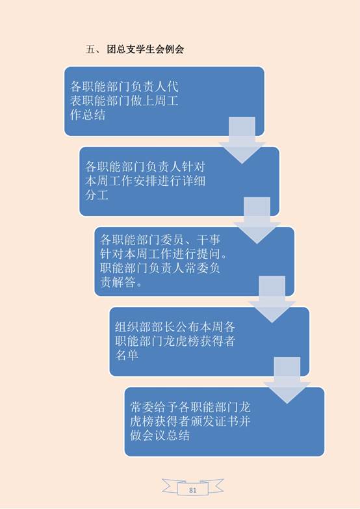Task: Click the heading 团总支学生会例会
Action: click(x=145, y=49)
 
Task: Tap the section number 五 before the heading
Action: click(x=90, y=49)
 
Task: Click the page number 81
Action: click(x=192, y=490)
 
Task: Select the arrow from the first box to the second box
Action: click(x=242, y=140)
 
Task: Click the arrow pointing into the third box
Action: click(x=257, y=220)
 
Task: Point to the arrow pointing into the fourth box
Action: click(x=272, y=299)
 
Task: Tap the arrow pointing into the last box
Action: click(x=287, y=380)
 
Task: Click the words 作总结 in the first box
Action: click(x=88, y=115)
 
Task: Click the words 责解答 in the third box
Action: click(x=118, y=282)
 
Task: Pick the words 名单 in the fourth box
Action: click(x=127, y=355)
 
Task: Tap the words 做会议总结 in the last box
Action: click(x=160, y=435)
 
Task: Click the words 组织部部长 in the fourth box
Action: click(x=145, y=326)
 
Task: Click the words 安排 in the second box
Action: click(x=145, y=181)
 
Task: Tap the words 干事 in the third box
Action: click(x=209, y=240)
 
